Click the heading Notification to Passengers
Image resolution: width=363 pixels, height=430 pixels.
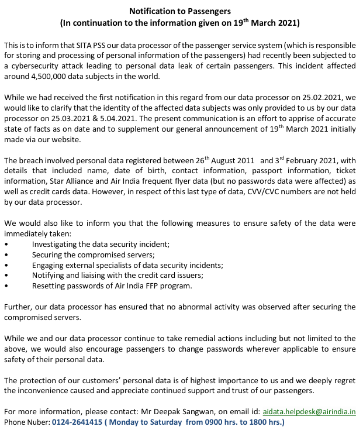181,11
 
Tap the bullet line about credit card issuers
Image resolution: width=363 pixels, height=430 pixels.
117,275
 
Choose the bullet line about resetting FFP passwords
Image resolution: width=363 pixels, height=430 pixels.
111,285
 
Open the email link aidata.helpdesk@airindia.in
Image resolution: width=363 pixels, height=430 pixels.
309,411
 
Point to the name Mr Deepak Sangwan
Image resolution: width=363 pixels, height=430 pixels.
188,411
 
